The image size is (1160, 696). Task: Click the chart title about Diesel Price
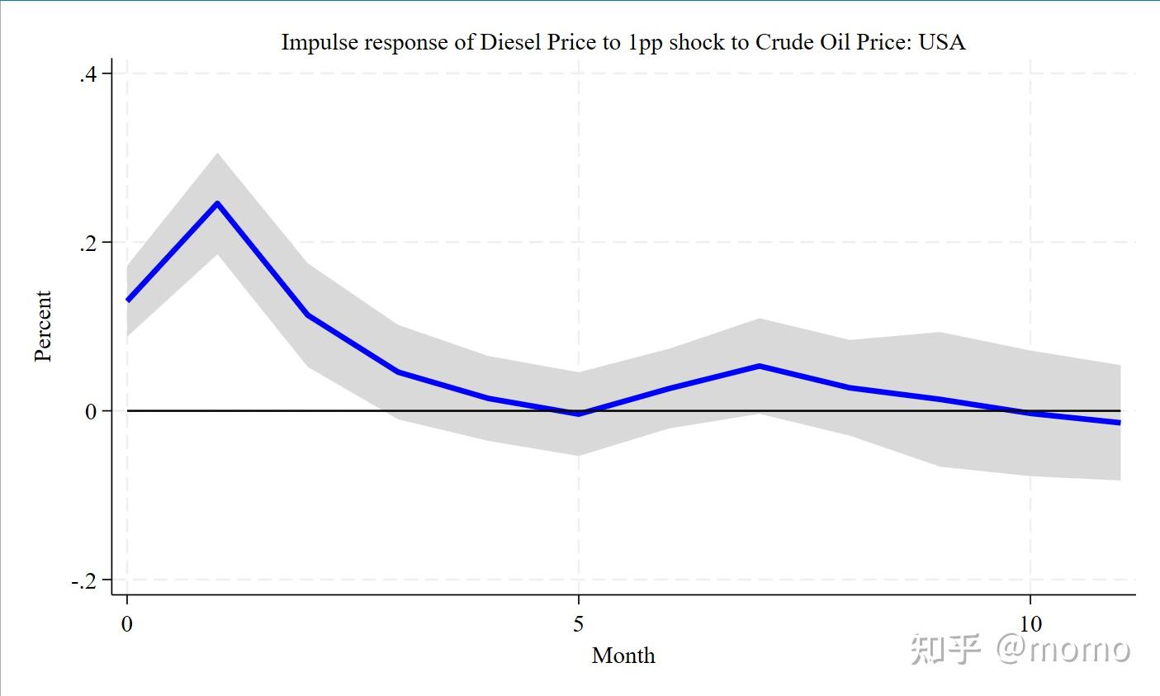[623, 42]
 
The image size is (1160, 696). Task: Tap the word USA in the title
[942, 42]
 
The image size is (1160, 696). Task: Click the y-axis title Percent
[43, 326]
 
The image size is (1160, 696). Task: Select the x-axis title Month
[623, 656]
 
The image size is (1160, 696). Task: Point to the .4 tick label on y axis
[88, 75]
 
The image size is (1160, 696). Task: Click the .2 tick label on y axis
[88, 244]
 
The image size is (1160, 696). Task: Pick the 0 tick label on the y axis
[91, 412]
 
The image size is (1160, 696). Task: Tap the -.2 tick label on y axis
[84, 581]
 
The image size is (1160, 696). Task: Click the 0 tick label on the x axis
[127, 624]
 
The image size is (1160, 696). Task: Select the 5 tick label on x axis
[579, 624]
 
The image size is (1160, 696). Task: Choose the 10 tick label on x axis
[1030, 624]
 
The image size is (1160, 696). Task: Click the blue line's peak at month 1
[217, 203]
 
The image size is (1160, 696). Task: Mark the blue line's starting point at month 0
[128, 300]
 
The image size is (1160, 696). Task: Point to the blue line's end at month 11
[1120, 423]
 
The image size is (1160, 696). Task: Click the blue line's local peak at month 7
[759, 366]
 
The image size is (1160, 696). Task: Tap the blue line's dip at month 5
[579, 414]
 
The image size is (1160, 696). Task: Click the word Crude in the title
[780, 42]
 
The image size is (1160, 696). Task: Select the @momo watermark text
[1063, 649]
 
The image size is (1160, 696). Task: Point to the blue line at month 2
[308, 315]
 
